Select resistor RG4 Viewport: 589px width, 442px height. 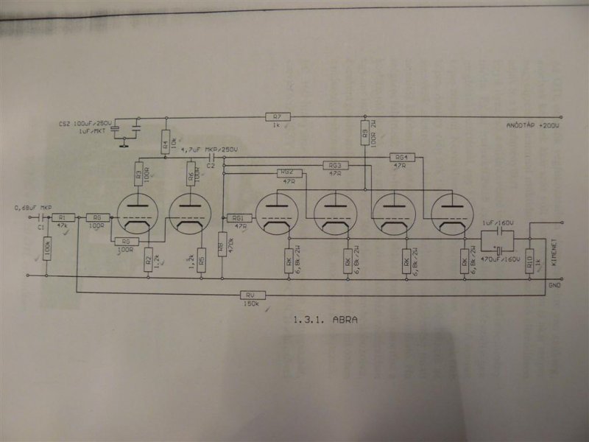401,158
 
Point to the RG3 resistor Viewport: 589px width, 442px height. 336,165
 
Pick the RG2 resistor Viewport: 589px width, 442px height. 287,172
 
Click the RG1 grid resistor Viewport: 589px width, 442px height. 239,217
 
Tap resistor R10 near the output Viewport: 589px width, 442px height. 529,262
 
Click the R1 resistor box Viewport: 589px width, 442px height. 63,217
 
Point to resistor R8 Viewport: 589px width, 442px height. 222,241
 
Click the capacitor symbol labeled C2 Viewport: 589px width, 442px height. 211,158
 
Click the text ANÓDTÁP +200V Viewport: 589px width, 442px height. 532,126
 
